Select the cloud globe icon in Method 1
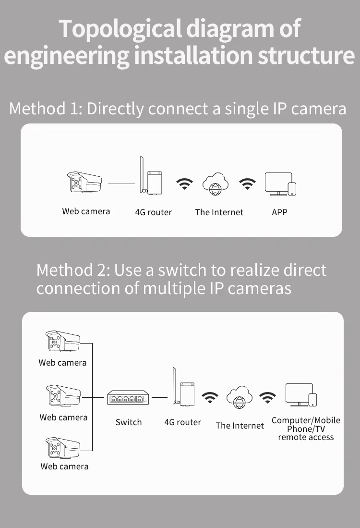216,184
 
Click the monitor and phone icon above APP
280,184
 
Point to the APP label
279,212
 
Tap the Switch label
129,422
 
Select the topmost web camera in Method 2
63,342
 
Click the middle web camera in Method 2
63,395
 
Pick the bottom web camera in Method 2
63,448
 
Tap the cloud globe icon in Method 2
239,397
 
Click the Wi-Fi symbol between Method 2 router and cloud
210,397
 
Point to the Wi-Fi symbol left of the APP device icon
247,184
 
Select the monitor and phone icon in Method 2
301,394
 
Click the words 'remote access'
306,437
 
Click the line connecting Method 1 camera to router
121,184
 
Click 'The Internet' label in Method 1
219,212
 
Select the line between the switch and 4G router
159,397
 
